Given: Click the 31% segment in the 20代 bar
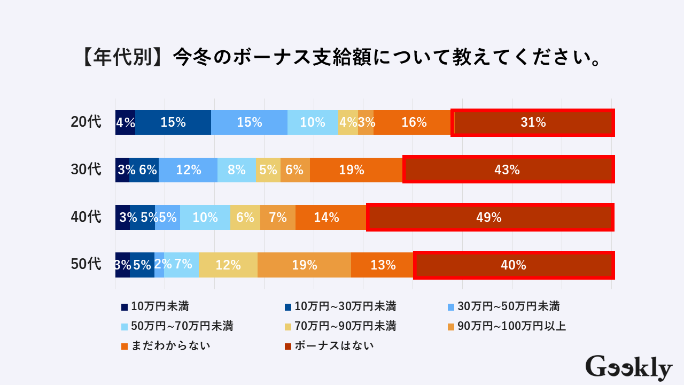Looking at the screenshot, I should [533, 122].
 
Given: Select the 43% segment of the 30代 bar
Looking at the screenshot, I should [508, 170].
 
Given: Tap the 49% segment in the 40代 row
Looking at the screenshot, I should [489, 218].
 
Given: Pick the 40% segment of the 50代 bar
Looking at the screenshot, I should [514, 265].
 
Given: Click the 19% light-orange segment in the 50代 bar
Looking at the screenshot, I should [304, 265].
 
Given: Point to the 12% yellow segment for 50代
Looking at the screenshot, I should [228, 265].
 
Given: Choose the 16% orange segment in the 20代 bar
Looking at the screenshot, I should [413, 122].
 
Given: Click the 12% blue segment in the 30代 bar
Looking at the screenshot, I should [188, 170].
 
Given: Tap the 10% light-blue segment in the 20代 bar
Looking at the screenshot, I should [313, 122].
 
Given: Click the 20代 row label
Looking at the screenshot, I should [86, 122].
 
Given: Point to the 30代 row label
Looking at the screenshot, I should [86, 170].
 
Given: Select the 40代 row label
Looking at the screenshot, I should [86, 218].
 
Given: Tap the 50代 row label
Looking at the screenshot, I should [86, 265].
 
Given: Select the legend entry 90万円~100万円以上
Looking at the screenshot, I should [508, 326].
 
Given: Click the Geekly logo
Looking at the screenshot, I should [628, 368].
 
